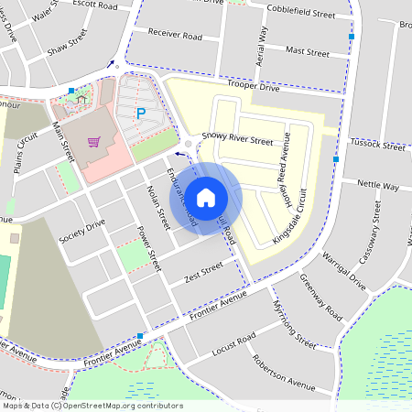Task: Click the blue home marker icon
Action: (206, 196)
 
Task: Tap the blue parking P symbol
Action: (140, 114)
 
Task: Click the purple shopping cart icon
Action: (92, 142)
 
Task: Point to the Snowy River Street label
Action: (237, 142)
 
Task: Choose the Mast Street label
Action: (307, 52)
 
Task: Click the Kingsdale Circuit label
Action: (292, 222)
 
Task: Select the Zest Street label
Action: (203, 272)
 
